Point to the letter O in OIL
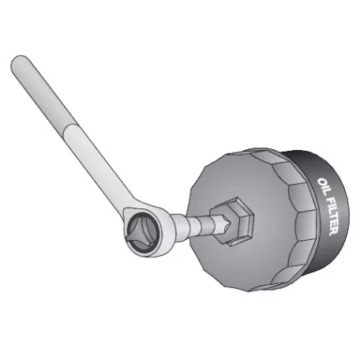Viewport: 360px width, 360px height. pyautogui.click(x=320, y=182)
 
